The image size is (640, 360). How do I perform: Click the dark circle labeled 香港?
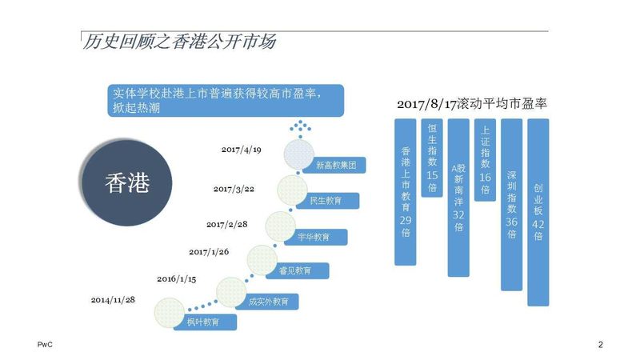click(x=127, y=183)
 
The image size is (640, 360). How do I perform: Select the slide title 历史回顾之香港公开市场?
click(x=179, y=42)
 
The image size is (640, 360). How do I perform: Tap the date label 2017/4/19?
click(x=242, y=150)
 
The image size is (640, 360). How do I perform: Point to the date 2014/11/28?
click(x=113, y=300)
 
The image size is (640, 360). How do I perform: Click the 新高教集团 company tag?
click(x=334, y=166)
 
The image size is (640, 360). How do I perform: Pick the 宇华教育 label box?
click(x=316, y=237)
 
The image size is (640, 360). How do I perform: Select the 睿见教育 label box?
click(x=298, y=270)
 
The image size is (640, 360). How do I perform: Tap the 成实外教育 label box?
click(x=267, y=302)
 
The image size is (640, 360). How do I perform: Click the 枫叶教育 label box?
click(x=206, y=322)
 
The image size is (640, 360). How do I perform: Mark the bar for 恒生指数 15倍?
click(x=432, y=158)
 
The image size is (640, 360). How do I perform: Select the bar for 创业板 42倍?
click(x=538, y=212)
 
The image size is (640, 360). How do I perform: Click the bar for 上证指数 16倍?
click(x=485, y=160)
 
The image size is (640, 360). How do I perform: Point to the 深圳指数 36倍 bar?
click(x=511, y=205)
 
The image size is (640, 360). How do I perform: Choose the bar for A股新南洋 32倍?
click(x=458, y=198)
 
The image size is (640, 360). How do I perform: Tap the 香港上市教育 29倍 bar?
click(x=406, y=192)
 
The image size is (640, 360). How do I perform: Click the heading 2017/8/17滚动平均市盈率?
click(x=472, y=104)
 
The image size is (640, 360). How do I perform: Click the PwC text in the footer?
click(x=45, y=345)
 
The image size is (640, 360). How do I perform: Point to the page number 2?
click(x=601, y=345)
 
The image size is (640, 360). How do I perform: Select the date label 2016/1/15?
click(x=176, y=279)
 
